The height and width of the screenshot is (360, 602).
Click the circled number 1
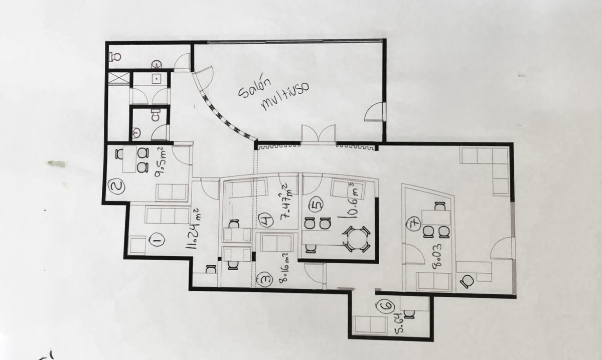tap(157, 240)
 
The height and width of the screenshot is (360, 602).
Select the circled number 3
tap(264, 279)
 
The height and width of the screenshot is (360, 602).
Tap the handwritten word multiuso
tap(285, 95)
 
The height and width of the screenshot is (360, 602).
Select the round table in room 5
tap(357, 239)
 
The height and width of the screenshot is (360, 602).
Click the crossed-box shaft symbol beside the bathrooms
tap(118, 78)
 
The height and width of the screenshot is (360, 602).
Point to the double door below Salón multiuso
tap(319, 133)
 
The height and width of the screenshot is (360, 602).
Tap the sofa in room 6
tap(370, 325)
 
